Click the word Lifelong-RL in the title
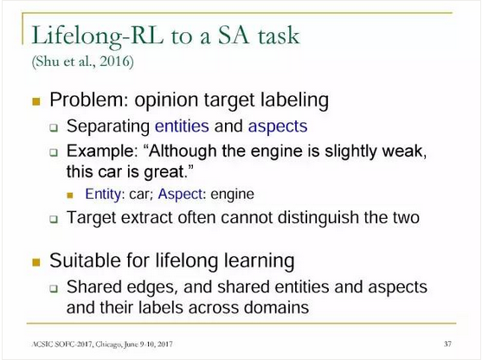(x=98, y=36)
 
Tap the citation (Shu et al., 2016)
(x=83, y=61)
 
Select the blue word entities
(x=182, y=126)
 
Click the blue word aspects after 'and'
(x=278, y=126)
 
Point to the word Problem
(x=88, y=100)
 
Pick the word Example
(x=102, y=151)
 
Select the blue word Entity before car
(x=104, y=195)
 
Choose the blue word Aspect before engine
(x=181, y=195)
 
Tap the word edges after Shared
(x=152, y=287)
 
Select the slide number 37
(x=447, y=344)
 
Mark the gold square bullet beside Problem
(x=36, y=101)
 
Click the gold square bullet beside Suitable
(x=36, y=262)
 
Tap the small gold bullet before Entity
(x=70, y=196)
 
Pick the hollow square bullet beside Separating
(x=54, y=127)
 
